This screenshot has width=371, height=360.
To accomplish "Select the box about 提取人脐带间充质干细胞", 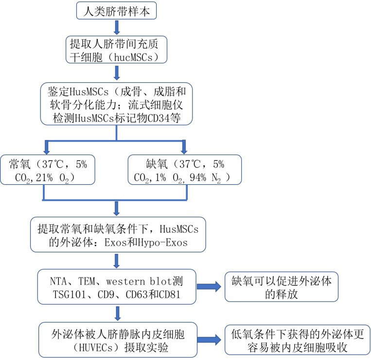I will pyautogui.click(x=117, y=51).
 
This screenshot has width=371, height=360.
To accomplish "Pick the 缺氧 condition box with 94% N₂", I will pyautogui.click(x=185, y=169).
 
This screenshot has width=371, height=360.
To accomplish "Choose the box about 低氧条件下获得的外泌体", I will pyautogui.click(x=298, y=338).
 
